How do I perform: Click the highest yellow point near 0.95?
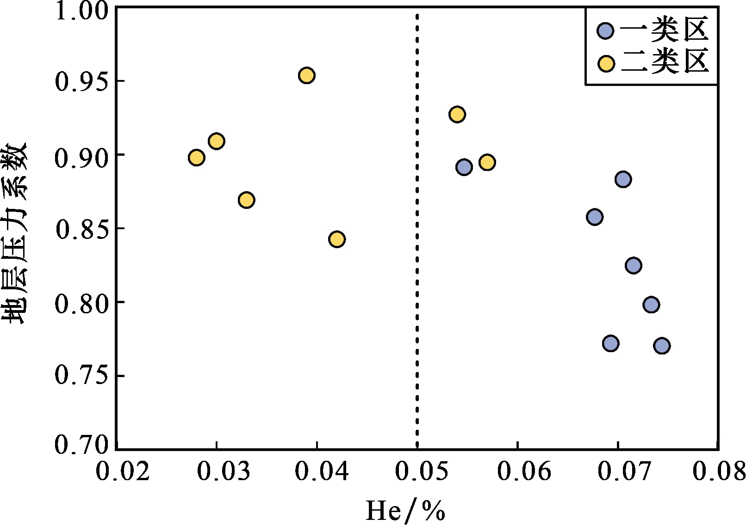(x=306, y=75)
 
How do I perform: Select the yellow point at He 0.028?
(x=196, y=158)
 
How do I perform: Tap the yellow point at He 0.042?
(x=337, y=239)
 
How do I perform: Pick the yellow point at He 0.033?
(x=247, y=200)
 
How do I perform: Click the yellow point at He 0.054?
(x=457, y=115)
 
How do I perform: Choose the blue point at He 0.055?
(x=464, y=167)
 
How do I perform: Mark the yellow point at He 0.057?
(x=487, y=162)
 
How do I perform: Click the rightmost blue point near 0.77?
(x=662, y=346)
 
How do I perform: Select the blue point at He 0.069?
(x=611, y=343)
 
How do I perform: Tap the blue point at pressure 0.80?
(x=651, y=305)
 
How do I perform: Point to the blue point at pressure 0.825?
(x=633, y=265)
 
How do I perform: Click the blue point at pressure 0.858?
(x=595, y=217)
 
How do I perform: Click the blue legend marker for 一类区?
(x=605, y=31)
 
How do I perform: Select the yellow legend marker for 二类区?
(x=605, y=64)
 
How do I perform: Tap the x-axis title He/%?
(x=405, y=511)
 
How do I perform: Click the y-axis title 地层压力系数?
(x=16, y=233)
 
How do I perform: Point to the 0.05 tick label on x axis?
(x=417, y=472)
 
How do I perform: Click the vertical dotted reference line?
(x=417, y=277)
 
